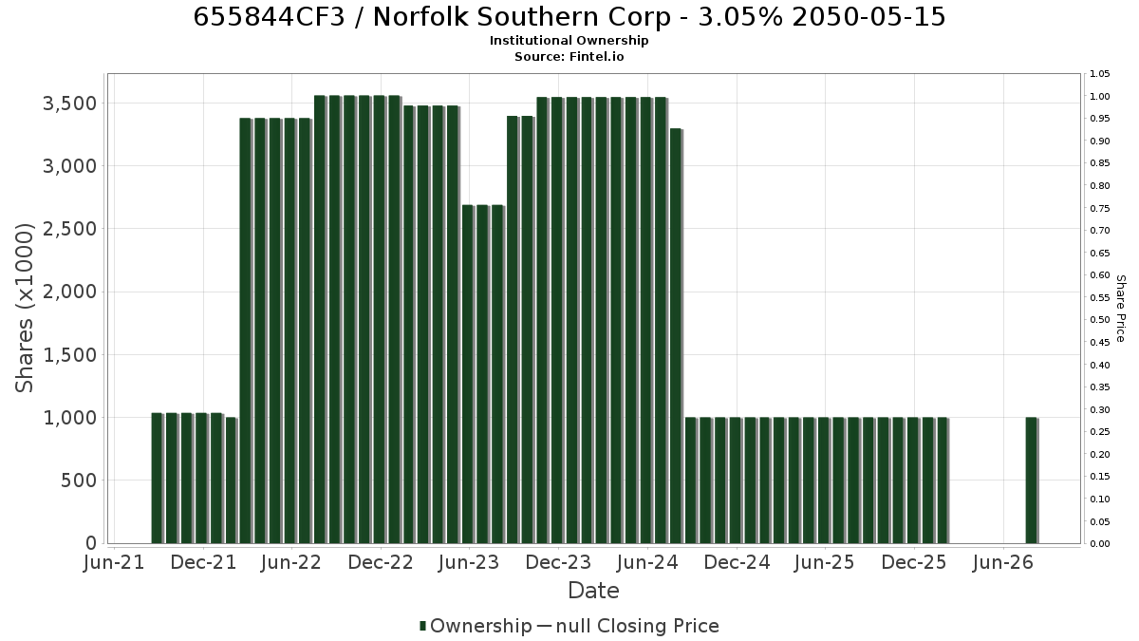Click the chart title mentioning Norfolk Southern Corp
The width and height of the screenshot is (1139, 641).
[569, 17]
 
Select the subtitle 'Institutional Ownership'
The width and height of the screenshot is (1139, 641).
[569, 41]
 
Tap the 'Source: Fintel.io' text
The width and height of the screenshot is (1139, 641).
[569, 56]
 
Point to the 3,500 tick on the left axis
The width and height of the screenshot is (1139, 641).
[69, 104]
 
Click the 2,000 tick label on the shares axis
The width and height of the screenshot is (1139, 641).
[69, 292]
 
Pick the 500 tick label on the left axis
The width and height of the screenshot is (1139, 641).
[79, 481]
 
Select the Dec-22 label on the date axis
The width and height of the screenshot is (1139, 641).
[381, 562]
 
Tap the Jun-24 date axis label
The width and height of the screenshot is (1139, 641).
[647, 562]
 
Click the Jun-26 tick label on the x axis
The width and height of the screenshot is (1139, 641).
[1002, 562]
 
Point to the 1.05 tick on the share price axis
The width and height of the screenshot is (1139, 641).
[1100, 74]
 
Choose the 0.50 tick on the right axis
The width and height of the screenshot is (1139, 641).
[1100, 320]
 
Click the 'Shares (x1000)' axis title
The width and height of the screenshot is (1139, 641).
[24, 309]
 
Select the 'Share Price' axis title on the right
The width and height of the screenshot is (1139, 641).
[1120, 309]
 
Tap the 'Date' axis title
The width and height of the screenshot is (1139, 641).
[593, 591]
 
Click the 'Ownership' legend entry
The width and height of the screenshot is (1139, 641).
[476, 626]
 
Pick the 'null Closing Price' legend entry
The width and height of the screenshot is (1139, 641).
[628, 626]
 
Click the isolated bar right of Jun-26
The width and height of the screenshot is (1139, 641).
[1032, 481]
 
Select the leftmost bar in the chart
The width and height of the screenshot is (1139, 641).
[158, 479]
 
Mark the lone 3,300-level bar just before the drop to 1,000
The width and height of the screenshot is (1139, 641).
[676, 336]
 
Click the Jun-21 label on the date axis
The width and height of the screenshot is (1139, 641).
[114, 562]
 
